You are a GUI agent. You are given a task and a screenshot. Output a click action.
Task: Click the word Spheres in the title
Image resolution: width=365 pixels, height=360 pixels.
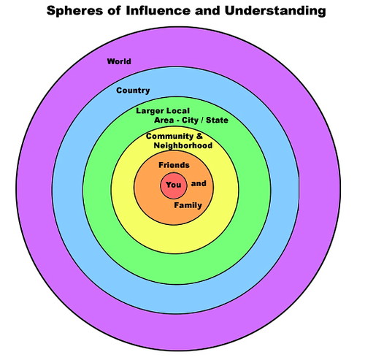point(74,11)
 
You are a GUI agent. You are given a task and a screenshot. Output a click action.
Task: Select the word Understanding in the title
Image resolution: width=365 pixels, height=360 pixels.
point(275,11)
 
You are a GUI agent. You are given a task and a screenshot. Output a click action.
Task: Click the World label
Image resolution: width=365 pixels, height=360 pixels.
point(119,61)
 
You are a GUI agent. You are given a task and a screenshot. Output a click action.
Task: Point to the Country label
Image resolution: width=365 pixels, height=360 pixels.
point(133,91)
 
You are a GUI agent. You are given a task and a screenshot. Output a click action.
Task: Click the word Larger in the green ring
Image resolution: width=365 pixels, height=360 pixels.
point(150,111)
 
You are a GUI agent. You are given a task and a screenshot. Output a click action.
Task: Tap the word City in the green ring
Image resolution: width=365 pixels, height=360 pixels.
point(191,120)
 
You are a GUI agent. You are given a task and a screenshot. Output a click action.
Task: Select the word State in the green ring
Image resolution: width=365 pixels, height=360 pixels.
point(217,120)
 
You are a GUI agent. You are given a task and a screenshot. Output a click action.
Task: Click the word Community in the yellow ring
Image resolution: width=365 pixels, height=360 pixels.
point(169,137)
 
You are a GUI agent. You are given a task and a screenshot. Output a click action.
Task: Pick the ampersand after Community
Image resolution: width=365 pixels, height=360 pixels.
point(199,136)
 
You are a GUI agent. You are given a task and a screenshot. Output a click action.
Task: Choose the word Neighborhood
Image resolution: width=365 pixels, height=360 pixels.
point(183,145)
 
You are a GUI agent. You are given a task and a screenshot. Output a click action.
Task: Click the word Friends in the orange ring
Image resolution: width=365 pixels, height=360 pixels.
point(174,165)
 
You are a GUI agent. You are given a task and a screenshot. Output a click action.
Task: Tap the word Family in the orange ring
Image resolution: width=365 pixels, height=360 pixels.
point(188,205)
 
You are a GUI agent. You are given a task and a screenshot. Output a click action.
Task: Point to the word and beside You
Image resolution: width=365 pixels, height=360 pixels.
point(199,183)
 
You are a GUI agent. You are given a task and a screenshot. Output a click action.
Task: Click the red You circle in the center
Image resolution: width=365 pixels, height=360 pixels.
point(174,185)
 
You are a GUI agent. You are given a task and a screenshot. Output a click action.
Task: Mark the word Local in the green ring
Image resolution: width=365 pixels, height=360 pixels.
point(178,111)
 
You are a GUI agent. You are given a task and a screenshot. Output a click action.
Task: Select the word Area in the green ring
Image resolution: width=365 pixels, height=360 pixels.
point(164,120)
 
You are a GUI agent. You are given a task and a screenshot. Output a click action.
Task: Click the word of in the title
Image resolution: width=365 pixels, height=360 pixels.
point(114,11)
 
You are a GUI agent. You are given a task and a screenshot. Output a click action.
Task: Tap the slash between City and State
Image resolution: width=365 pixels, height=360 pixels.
point(202,120)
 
